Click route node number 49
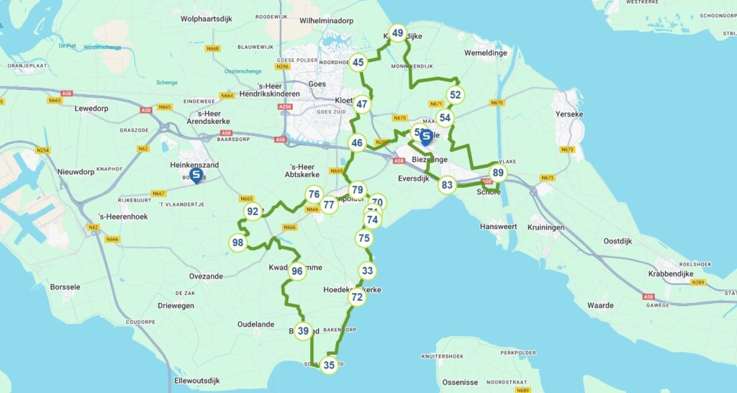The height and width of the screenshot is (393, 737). click(x=397, y=33)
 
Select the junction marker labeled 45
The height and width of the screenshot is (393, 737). click(x=358, y=63)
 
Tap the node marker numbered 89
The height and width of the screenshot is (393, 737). click(x=497, y=173)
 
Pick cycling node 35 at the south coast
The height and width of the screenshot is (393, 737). click(x=329, y=366)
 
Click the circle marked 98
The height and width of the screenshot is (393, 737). click(x=238, y=243)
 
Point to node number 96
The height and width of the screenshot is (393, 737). click(x=297, y=271)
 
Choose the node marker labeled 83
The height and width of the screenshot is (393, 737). click(x=447, y=186)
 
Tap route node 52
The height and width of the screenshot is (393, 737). click(x=454, y=95)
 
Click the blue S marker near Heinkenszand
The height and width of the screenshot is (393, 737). click(x=195, y=175)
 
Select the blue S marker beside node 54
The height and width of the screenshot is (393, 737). click(x=426, y=136)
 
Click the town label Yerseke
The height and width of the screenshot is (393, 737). click(x=569, y=114)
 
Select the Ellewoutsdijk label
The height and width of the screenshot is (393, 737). click(x=196, y=381)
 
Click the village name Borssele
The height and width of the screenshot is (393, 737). click(x=65, y=287)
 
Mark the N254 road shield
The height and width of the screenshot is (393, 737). click(x=43, y=150)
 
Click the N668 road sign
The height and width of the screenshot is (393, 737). click(x=212, y=49)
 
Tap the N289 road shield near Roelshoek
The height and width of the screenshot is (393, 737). click(x=699, y=282)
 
